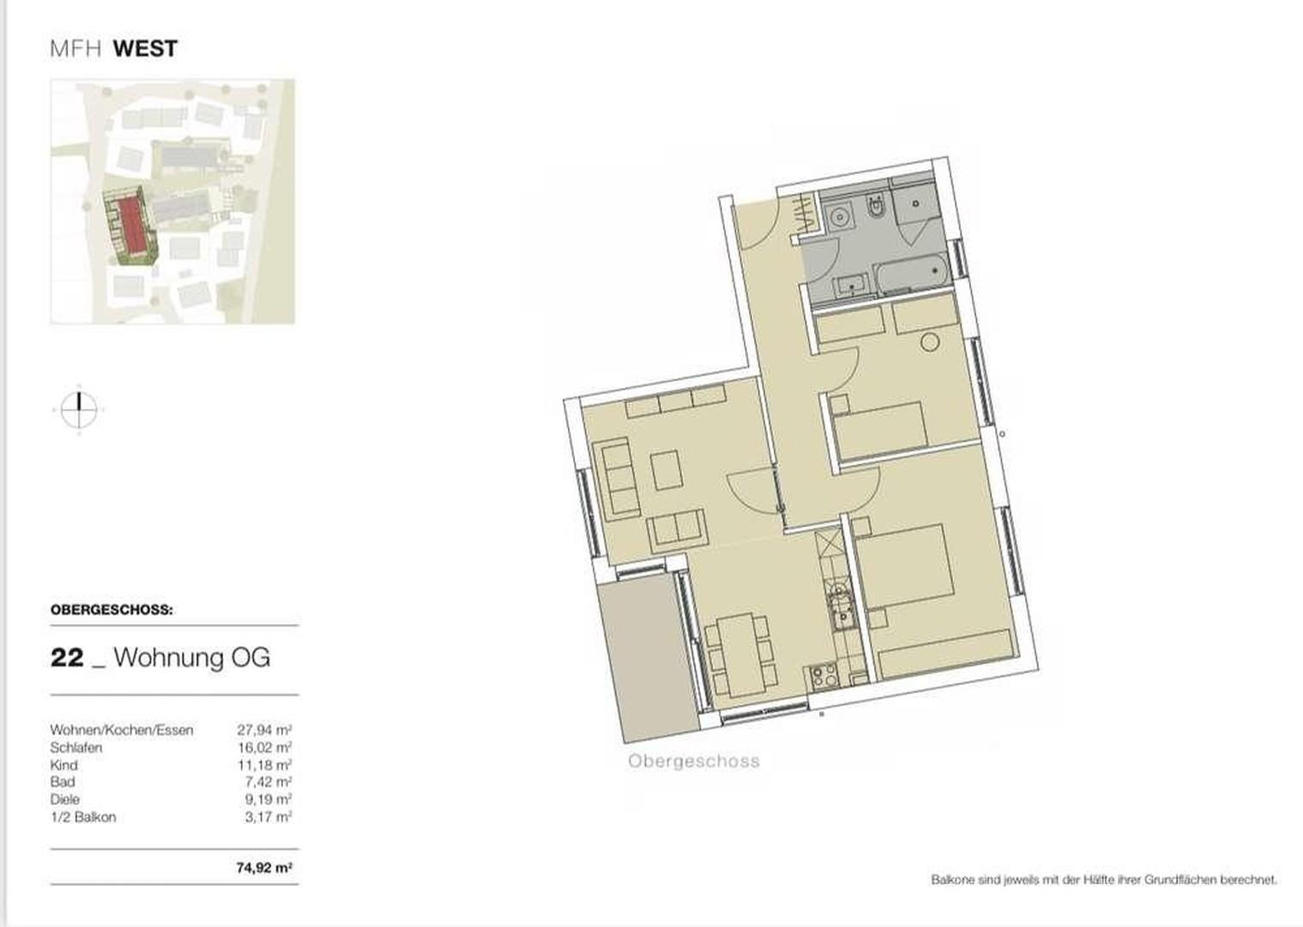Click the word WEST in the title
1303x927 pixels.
[x=146, y=49]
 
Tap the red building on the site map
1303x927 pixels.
[x=130, y=224]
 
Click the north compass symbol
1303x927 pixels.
[x=79, y=409]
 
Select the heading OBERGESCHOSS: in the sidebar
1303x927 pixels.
[x=112, y=610]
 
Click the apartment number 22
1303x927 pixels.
[x=68, y=658]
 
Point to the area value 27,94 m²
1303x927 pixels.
[x=264, y=730]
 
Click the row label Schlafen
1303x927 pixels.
[x=76, y=748]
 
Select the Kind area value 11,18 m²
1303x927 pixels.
[x=265, y=765]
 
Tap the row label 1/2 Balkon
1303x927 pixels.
[x=83, y=817]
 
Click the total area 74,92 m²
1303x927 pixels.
[x=264, y=869]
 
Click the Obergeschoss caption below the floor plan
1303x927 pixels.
[x=694, y=761]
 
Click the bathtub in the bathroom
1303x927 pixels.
[x=910, y=276]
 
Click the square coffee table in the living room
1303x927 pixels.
[x=667, y=470]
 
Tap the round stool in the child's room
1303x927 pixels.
[x=930, y=342]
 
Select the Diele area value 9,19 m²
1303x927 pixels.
[x=268, y=800]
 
